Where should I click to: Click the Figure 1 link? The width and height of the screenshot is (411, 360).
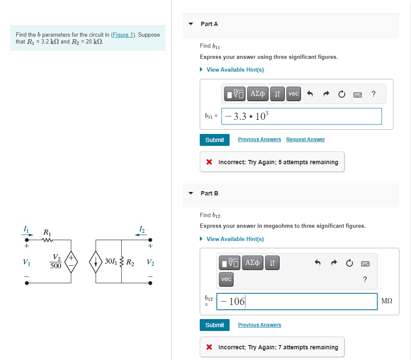122,35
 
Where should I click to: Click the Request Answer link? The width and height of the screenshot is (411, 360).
305,139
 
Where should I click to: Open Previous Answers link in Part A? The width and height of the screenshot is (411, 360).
259,139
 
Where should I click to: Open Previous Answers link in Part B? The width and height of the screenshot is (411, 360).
259,325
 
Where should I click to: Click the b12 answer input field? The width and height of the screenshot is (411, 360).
297,302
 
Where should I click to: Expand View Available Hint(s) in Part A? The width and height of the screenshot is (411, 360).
235,70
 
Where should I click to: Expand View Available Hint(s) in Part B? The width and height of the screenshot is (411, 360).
235,239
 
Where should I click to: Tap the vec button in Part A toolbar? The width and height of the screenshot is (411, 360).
294,93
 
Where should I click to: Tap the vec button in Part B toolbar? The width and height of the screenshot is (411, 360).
226,279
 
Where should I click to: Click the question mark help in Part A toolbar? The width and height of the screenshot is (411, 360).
373,94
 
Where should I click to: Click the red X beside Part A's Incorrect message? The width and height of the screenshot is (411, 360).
209,162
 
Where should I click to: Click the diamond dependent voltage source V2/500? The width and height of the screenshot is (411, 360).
71,261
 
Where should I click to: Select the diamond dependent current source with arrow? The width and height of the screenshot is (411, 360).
96,261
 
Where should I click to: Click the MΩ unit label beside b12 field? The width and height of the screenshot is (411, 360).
387,302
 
